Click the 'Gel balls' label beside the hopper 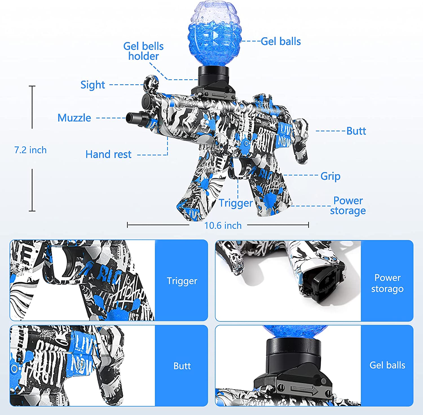tap(281, 41)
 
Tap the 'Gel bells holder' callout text tap(143, 51)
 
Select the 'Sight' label tap(92, 85)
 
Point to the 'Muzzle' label tap(74, 118)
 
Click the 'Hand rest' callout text tap(108, 154)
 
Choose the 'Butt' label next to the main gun tap(356, 131)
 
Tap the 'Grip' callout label tap(330, 176)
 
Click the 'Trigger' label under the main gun tap(236, 203)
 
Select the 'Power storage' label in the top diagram tap(348, 206)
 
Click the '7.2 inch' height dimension tap(30, 150)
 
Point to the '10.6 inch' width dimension tap(223, 226)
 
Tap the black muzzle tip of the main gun tap(133, 118)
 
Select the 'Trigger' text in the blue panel tap(182, 281)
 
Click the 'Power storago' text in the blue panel tap(387, 283)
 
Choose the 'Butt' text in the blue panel tap(182, 366)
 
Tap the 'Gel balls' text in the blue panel tap(387, 365)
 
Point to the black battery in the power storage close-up tap(324, 285)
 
